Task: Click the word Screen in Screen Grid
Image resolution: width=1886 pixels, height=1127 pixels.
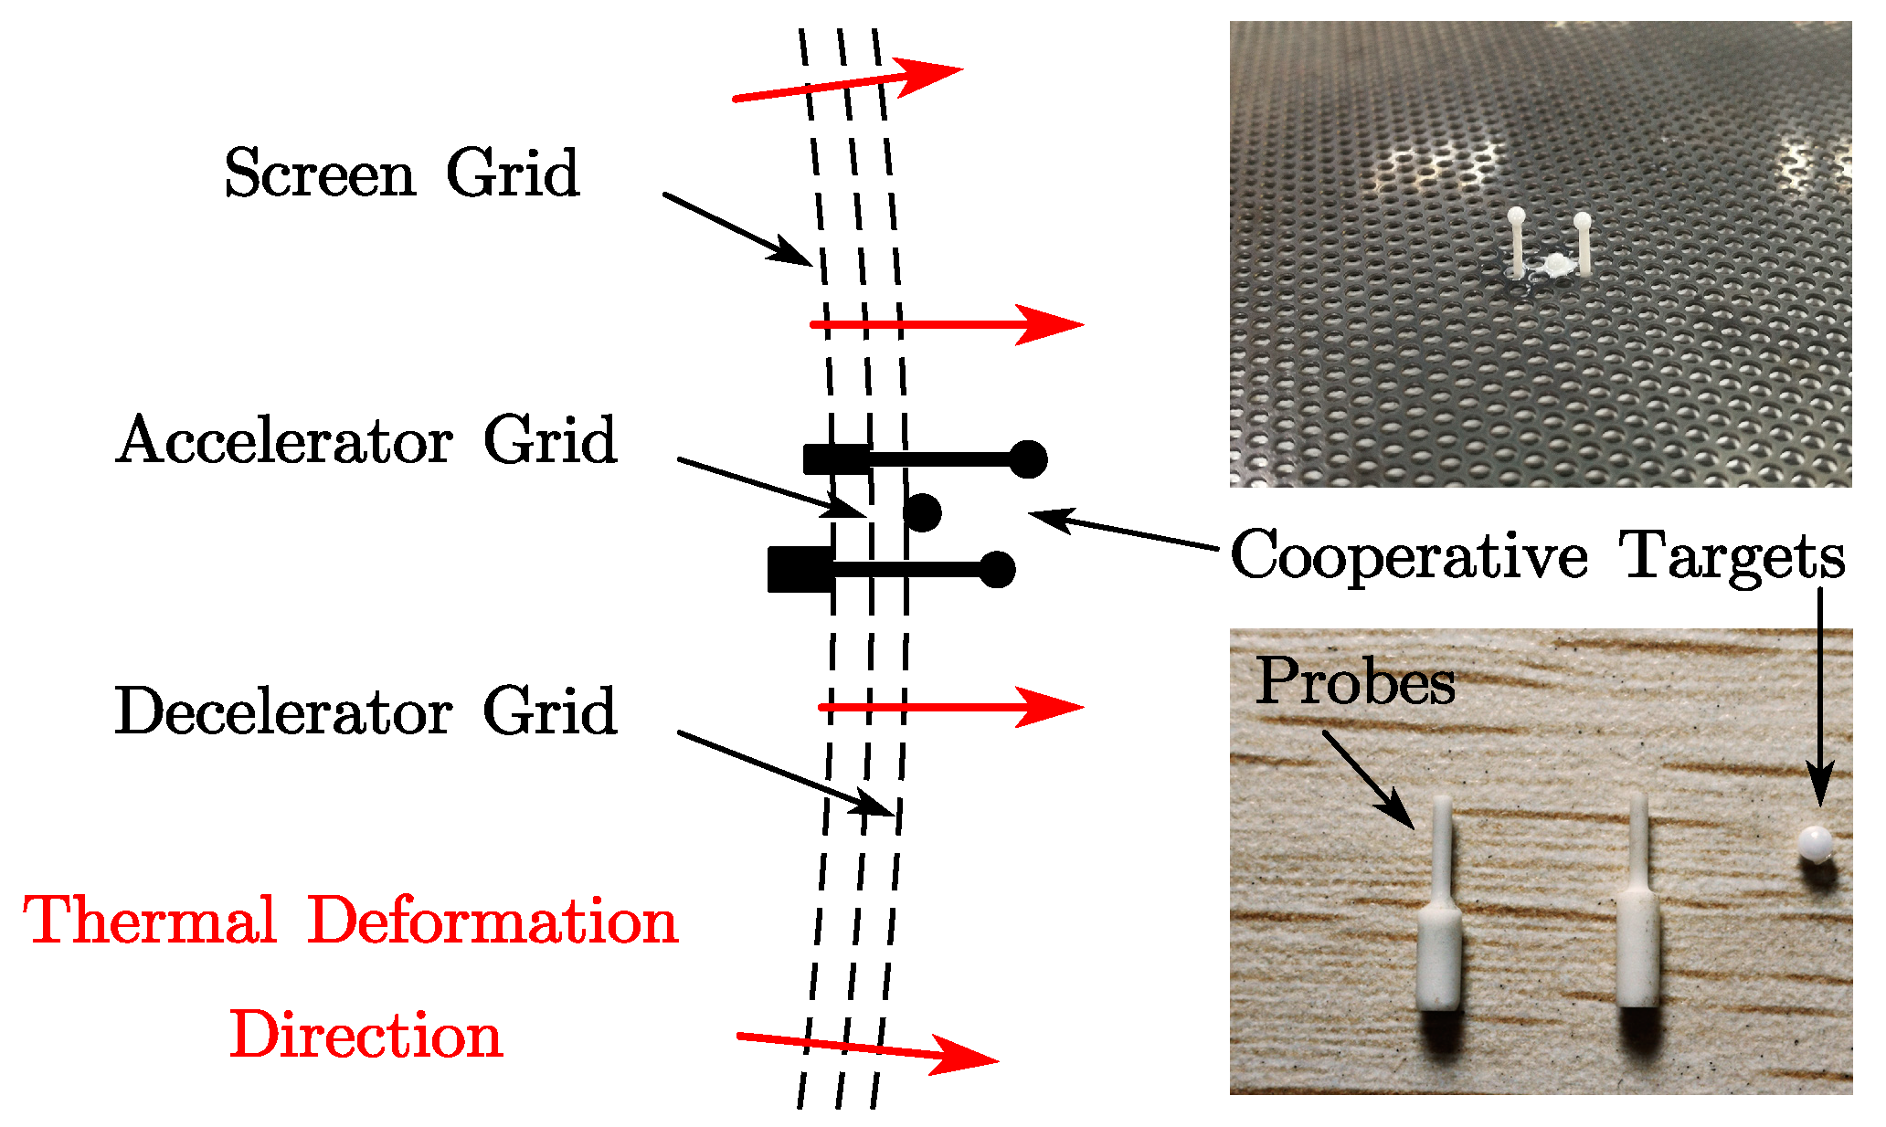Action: click(x=320, y=174)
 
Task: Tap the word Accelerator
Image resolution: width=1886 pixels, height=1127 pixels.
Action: click(x=284, y=441)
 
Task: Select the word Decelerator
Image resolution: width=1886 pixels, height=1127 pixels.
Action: click(x=283, y=711)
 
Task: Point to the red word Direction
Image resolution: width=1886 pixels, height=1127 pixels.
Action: click(x=366, y=1037)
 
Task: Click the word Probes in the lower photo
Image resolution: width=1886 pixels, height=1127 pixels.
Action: click(x=1355, y=683)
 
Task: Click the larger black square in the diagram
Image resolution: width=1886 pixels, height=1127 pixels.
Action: click(x=800, y=570)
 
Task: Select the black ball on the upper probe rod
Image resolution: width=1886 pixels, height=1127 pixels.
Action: click(x=1029, y=458)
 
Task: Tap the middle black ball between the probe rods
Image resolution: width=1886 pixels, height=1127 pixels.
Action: click(x=922, y=512)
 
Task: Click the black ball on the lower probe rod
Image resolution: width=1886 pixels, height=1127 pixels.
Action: click(x=997, y=570)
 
